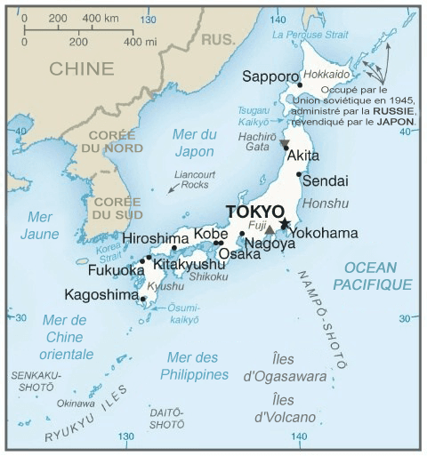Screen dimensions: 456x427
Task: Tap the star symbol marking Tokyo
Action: coord(286,222)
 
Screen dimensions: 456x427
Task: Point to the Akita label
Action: coord(303,156)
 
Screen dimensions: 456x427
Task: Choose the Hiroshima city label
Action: coord(156,238)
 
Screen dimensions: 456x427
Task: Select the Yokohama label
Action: coord(324,233)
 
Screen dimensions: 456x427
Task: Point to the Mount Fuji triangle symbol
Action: coord(270,228)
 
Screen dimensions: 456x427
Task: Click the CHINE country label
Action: coord(82,68)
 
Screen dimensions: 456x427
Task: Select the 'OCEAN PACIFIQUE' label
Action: coord(373,276)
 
